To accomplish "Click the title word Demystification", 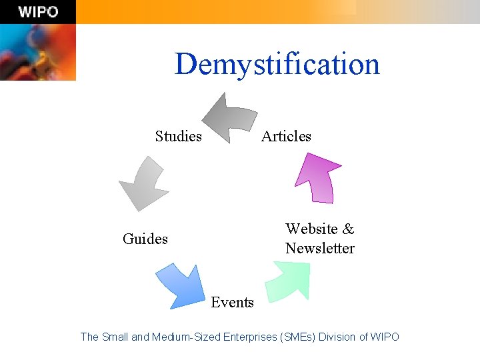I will click(277, 65).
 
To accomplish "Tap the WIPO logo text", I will click(38, 12).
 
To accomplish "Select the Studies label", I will click(178, 137).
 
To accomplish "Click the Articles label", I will click(286, 137).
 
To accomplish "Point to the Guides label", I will click(145, 239).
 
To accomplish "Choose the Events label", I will click(232, 303).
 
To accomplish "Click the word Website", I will click(311, 229).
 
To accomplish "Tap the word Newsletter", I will click(320, 249).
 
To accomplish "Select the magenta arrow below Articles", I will click(319, 176).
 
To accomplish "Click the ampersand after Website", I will click(348, 229).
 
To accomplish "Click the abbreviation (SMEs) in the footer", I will click(297, 337).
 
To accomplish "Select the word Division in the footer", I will click(337, 337).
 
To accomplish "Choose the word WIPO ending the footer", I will click(385, 337).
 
